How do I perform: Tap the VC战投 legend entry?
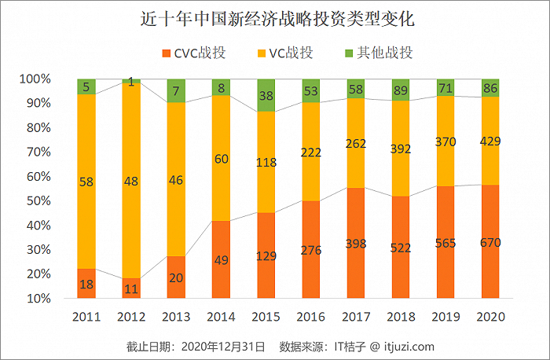[284, 53]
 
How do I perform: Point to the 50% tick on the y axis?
[35, 201]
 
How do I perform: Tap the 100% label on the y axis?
[35, 79]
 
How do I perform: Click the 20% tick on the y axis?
[35, 274]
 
